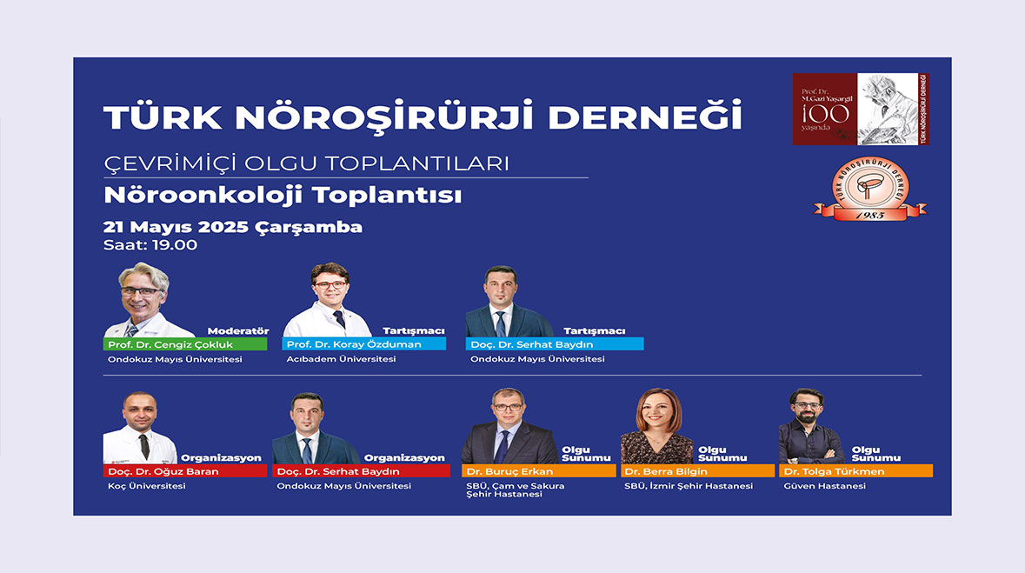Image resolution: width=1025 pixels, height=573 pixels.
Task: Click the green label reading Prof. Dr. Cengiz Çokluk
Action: [x=185, y=344]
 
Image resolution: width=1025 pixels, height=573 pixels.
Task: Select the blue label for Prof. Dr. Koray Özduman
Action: [x=364, y=344]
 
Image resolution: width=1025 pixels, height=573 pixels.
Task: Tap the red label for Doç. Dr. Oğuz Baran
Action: [x=185, y=471]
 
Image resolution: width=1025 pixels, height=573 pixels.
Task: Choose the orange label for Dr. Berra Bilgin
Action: [x=697, y=471]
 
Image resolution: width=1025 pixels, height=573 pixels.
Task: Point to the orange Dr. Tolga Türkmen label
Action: [x=855, y=471]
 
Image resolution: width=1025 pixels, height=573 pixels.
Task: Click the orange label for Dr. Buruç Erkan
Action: [x=539, y=471]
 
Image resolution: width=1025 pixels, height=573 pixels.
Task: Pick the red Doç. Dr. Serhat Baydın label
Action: [x=362, y=471]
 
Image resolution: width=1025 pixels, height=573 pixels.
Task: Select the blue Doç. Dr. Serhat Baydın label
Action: [x=555, y=344]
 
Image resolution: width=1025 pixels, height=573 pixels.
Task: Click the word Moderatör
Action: [x=238, y=331]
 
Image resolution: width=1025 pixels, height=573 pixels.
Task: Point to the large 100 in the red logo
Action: [x=826, y=114]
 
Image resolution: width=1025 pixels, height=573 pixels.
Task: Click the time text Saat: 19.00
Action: [x=150, y=245]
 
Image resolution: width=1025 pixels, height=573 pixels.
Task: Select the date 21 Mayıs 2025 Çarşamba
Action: [x=233, y=227]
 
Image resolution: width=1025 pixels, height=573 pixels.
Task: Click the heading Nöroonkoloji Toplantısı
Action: [x=283, y=195]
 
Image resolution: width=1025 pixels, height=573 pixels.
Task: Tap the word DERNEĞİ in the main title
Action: [x=645, y=117]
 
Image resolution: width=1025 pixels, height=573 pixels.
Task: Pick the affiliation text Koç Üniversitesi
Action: [x=146, y=486]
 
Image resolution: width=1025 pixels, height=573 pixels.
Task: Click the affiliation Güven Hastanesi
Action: [x=825, y=486]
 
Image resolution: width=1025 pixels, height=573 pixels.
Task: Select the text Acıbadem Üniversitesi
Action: [x=341, y=359]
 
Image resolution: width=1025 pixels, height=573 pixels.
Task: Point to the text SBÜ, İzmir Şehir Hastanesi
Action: [x=689, y=486]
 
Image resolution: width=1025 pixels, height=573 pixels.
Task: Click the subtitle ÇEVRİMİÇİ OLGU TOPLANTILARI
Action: [x=307, y=163]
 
